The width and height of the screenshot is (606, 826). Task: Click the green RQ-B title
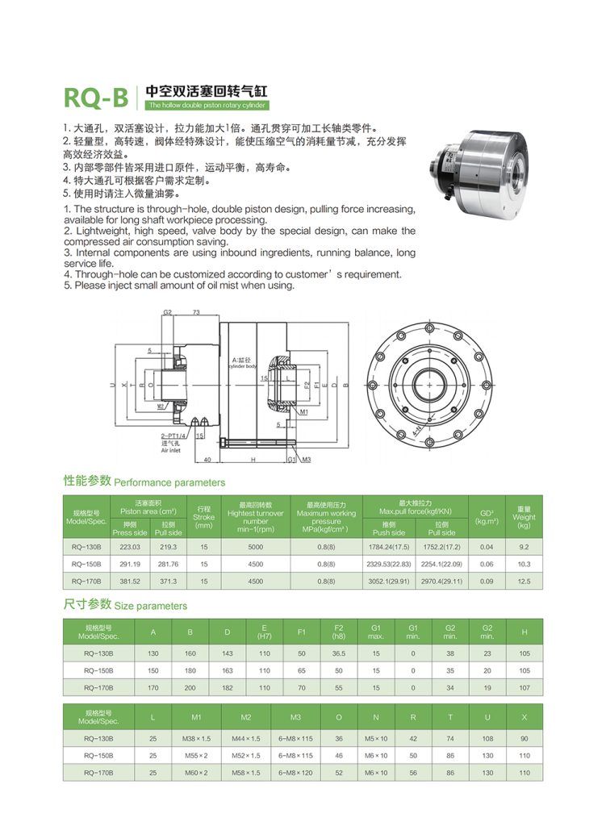(x=96, y=97)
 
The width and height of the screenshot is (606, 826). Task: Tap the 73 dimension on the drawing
(x=196, y=311)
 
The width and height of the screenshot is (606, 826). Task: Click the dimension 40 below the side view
(x=207, y=460)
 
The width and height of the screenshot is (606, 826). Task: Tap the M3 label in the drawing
(x=307, y=460)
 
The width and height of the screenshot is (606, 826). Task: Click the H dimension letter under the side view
(x=253, y=460)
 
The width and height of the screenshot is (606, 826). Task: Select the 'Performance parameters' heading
(x=169, y=482)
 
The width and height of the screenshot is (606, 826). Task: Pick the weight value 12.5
(x=524, y=581)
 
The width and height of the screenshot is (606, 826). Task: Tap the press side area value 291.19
(x=129, y=564)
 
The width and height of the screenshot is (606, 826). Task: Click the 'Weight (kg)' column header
(x=524, y=517)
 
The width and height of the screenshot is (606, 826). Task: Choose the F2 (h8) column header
(x=339, y=632)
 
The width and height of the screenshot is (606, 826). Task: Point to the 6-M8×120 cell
(x=295, y=772)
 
